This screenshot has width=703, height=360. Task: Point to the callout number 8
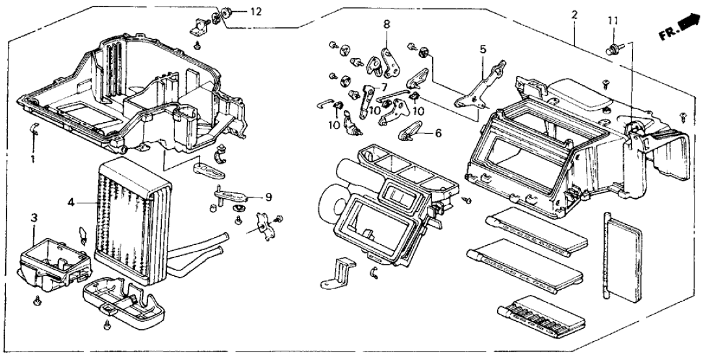387,24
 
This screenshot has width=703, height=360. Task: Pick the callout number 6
438,133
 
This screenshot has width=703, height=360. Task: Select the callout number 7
383,86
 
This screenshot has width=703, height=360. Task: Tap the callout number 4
71,202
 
